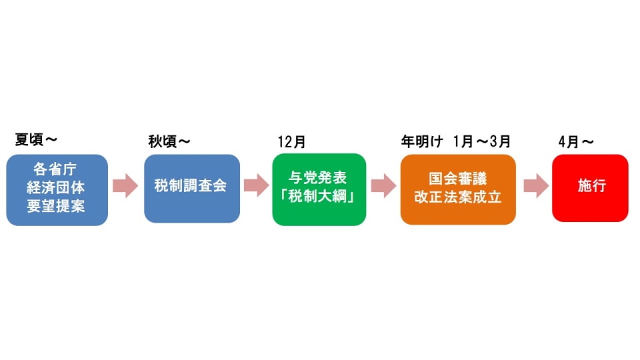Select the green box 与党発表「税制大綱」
(x=319, y=189)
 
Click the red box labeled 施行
(x=590, y=187)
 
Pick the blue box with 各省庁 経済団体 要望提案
(x=57, y=189)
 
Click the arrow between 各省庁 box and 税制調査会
(x=125, y=187)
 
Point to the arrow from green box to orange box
(x=383, y=187)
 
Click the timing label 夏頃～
(x=36, y=140)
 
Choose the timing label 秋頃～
(x=169, y=141)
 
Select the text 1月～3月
(x=481, y=142)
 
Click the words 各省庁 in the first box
(x=57, y=169)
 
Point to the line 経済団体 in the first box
(x=57, y=188)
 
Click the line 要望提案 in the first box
(x=57, y=207)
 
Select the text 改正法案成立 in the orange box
(x=457, y=198)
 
